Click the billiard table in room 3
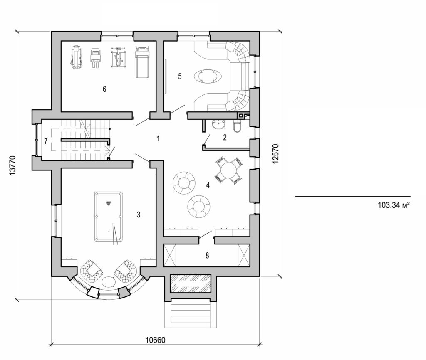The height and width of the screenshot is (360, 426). click(x=109, y=216)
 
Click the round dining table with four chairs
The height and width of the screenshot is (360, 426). click(x=228, y=170)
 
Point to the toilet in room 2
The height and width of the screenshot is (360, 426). click(x=237, y=126)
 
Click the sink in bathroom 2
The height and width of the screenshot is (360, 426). click(x=218, y=124)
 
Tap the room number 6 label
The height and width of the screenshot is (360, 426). click(x=104, y=89)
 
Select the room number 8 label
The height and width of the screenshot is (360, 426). click(x=207, y=255)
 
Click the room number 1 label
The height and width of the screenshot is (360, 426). click(x=158, y=138)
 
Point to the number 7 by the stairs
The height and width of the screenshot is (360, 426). click(x=46, y=141)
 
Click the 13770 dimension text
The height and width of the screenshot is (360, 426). click(x=12, y=166)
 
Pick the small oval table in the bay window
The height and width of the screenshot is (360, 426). click(x=109, y=282)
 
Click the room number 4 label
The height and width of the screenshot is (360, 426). click(x=207, y=185)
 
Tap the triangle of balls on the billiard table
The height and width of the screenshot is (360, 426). click(x=109, y=204)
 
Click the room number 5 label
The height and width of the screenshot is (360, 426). click(x=180, y=76)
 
